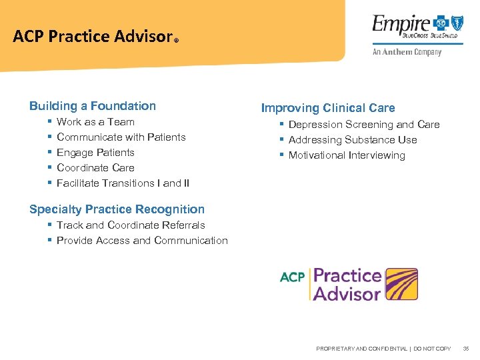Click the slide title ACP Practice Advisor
click(93, 37)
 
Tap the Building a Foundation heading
click(93, 106)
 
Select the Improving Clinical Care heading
click(328, 108)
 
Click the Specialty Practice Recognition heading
click(117, 209)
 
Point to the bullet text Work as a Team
click(95, 122)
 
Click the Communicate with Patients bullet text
click(121, 137)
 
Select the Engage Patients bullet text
click(95, 153)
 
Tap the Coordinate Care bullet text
click(95, 168)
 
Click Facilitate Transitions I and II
click(123, 183)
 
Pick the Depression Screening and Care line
click(364, 125)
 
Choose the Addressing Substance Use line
click(353, 140)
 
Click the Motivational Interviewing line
click(347, 155)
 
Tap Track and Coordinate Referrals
click(131, 225)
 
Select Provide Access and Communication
click(142, 241)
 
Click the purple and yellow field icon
click(401, 285)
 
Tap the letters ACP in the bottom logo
click(292, 277)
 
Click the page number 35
click(466, 349)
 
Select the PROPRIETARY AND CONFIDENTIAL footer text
click(383, 349)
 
